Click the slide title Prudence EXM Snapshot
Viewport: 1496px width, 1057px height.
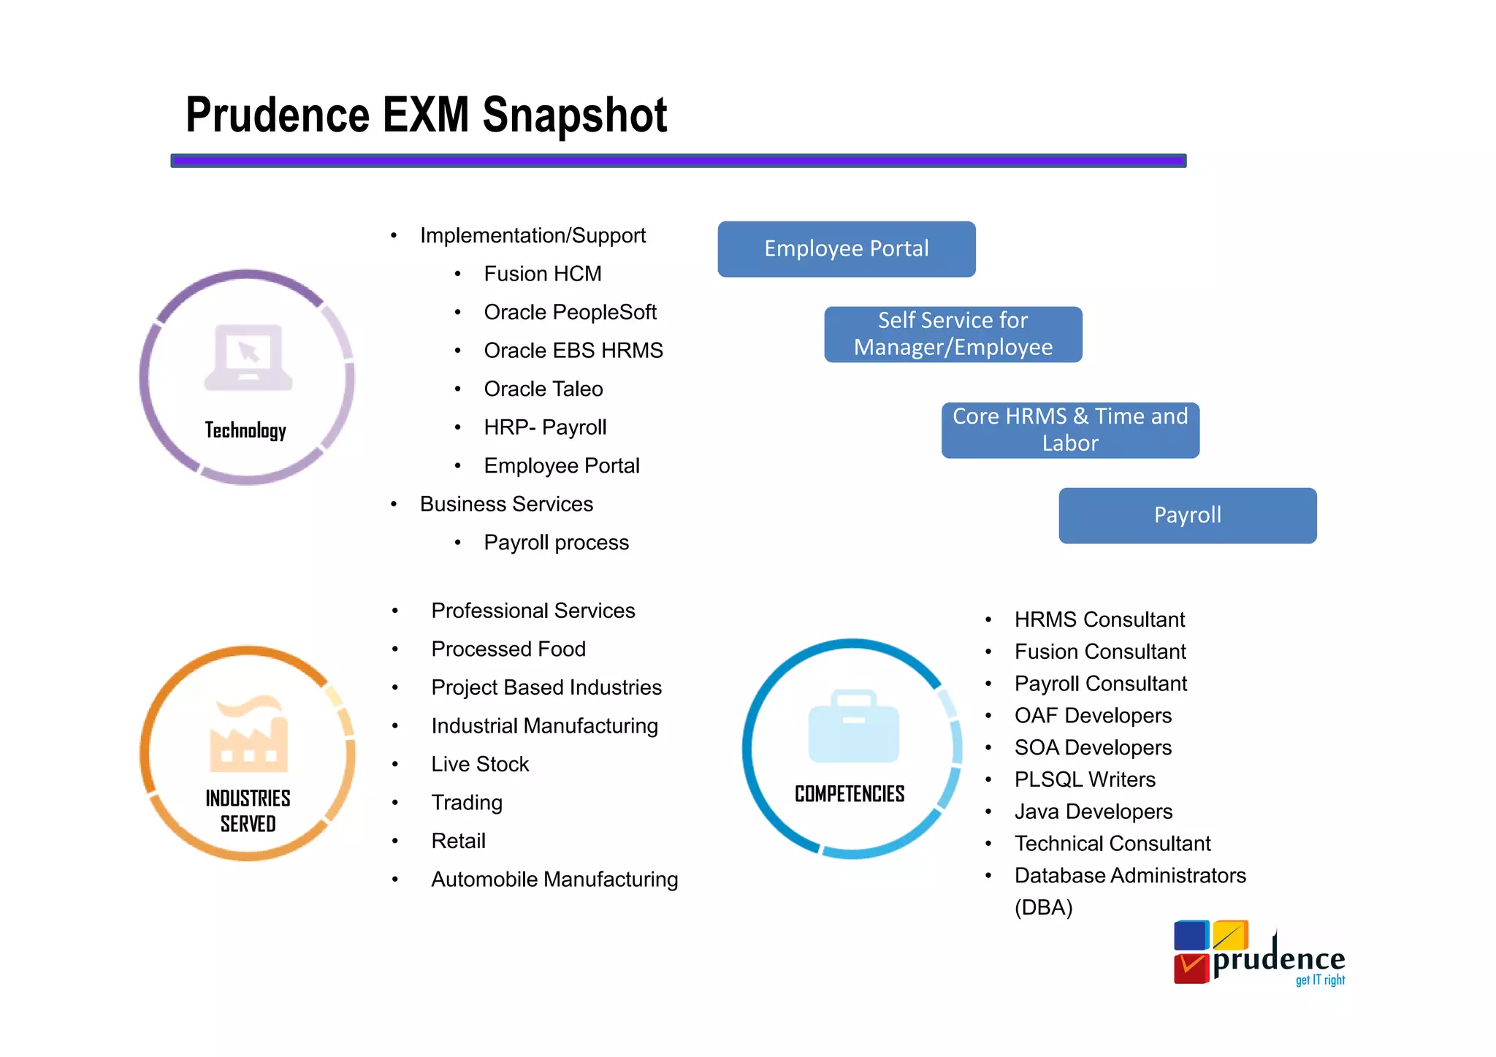(426, 115)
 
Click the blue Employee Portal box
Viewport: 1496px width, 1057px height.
(846, 249)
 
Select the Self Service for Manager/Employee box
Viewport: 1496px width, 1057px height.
(953, 334)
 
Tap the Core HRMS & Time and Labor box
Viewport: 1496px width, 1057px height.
(1069, 430)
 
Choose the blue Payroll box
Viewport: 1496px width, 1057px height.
(1187, 515)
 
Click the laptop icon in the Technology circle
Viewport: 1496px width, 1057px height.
(248, 357)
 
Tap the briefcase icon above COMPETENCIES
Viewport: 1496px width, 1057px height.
(853, 726)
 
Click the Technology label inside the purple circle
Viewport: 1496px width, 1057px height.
(245, 430)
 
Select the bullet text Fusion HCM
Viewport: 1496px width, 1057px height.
(542, 274)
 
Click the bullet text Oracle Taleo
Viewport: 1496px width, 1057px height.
(543, 389)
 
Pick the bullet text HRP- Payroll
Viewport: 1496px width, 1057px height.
(545, 427)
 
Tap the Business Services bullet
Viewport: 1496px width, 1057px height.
(506, 504)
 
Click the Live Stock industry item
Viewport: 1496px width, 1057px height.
(480, 764)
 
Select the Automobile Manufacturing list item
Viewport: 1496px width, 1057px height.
(554, 879)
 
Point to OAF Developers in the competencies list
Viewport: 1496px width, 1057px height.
(1092, 716)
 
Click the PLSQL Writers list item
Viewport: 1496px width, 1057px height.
(1084, 779)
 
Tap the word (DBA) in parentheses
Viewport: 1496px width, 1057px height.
(1043, 907)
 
